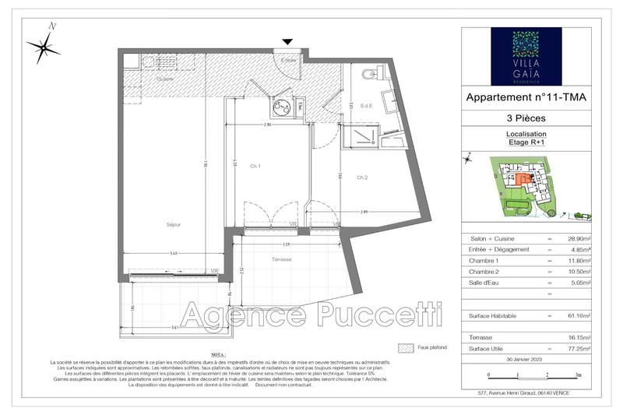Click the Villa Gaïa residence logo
526,55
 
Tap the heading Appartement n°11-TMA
526,97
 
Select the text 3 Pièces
526,118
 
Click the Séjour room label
173,225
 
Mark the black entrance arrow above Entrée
288,41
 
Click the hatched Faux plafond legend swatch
404,347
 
